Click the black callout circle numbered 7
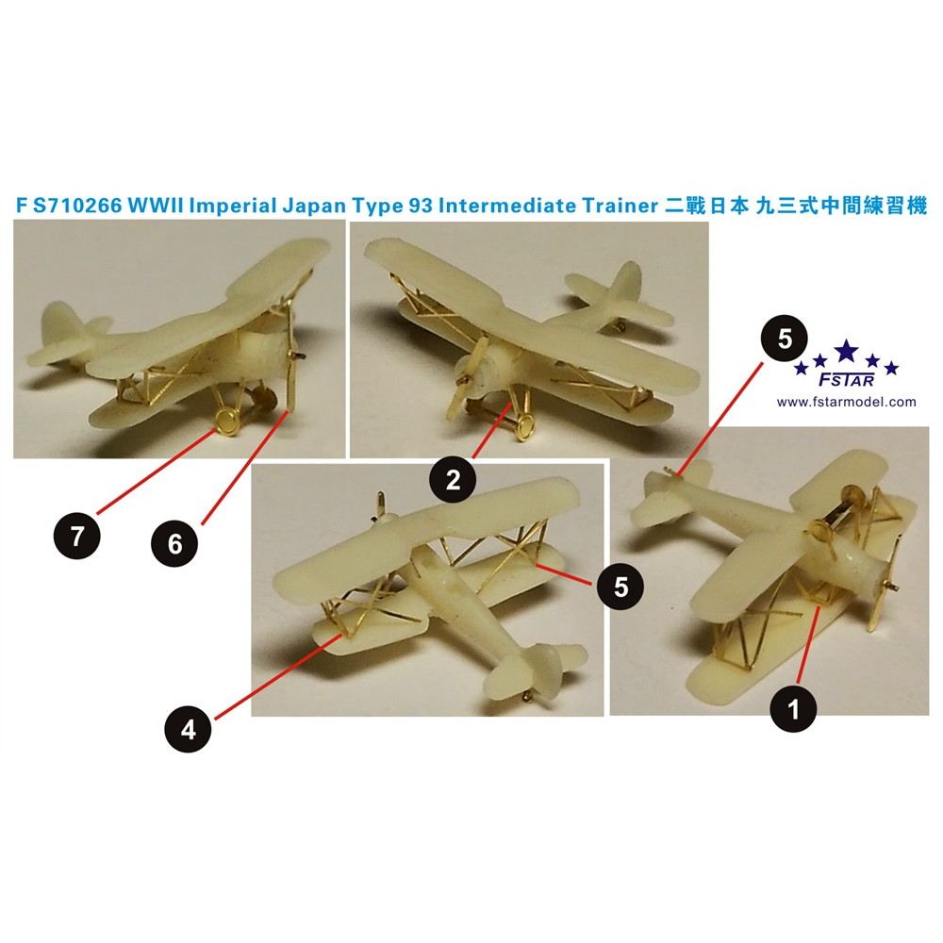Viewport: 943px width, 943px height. [76, 535]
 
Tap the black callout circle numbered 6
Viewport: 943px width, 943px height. [175, 544]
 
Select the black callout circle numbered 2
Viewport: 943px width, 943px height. [453, 480]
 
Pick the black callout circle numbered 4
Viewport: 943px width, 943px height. [189, 730]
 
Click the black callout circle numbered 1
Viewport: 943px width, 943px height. [793, 709]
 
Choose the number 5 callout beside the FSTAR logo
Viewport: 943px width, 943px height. [785, 339]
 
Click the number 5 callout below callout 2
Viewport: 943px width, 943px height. [620, 586]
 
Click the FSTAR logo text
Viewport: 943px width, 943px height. [847, 381]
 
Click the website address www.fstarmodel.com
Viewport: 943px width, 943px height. [846, 402]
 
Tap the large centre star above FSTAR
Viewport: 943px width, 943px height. [847, 350]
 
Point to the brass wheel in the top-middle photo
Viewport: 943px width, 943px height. [524, 426]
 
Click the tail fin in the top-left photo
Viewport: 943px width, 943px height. [58, 326]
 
